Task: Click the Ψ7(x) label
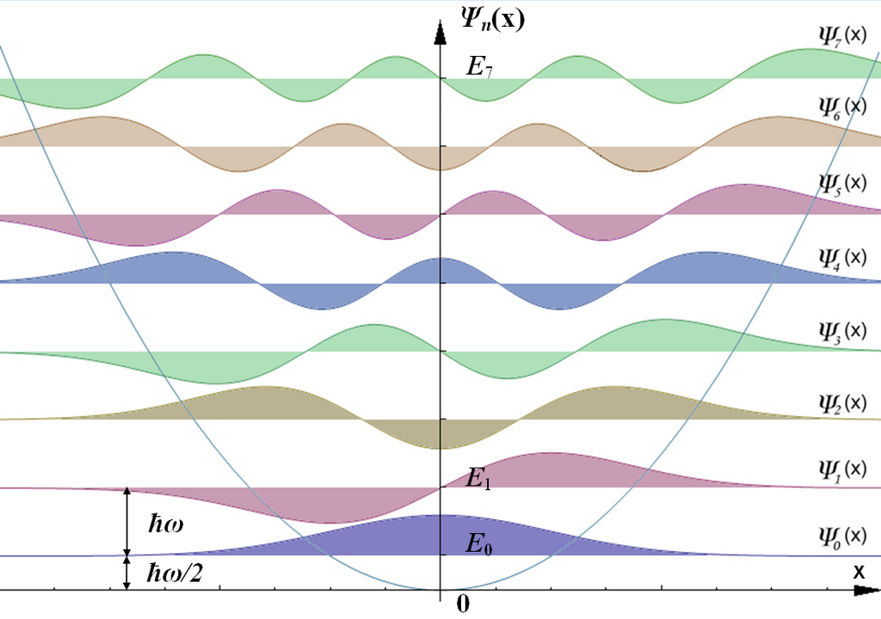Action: click(x=843, y=35)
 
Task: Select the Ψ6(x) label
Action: click(x=843, y=107)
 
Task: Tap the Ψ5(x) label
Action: click(x=843, y=183)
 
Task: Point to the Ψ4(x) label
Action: click(x=843, y=258)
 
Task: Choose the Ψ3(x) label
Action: click(x=843, y=331)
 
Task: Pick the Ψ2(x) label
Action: click(x=843, y=403)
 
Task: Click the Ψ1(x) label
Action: click(x=843, y=469)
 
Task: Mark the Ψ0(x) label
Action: click(x=843, y=536)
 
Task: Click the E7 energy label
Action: click(x=479, y=67)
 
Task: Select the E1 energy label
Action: click(x=478, y=478)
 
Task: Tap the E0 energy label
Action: click(x=478, y=543)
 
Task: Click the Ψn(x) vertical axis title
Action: click(x=493, y=20)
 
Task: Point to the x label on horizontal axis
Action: click(x=859, y=572)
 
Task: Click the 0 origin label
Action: click(x=462, y=604)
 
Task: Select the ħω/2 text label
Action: click(x=175, y=573)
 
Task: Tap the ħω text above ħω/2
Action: click(x=166, y=524)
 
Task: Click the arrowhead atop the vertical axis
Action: click(x=440, y=32)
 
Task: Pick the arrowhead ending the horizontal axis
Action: click(x=867, y=591)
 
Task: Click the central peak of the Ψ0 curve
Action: click(x=440, y=515)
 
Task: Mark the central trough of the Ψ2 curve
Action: click(x=440, y=449)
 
